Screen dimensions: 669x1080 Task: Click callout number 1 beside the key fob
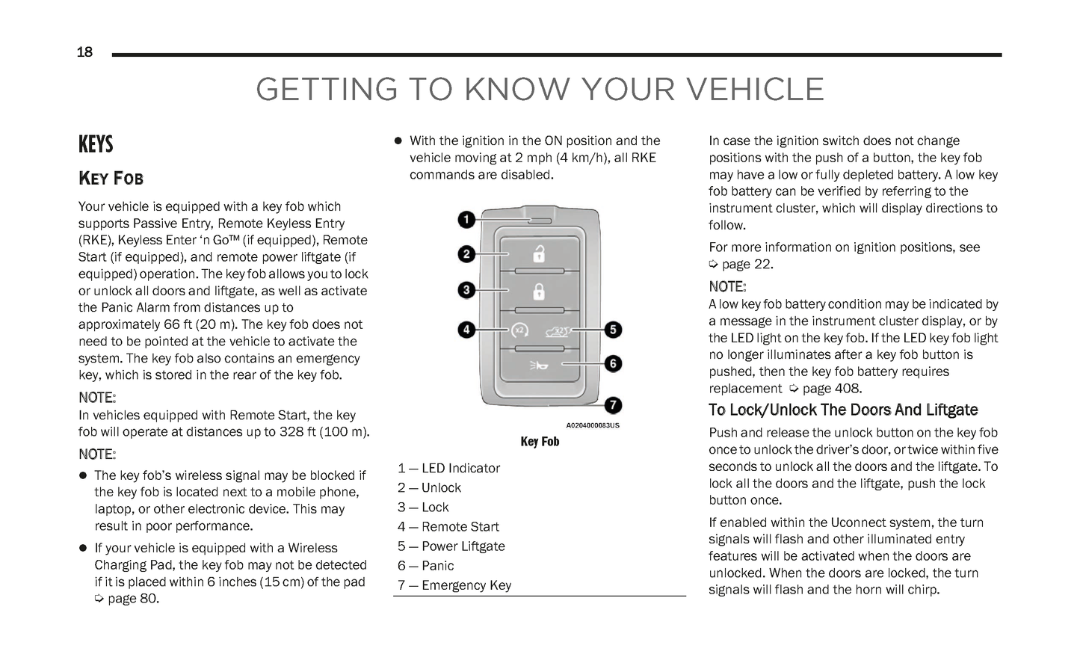point(466,220)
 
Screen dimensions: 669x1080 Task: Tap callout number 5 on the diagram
point(613,330)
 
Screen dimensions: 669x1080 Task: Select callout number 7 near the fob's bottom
point(613,406)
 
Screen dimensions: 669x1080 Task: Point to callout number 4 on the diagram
point(466,330)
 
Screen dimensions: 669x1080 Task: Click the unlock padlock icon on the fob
point(539,254)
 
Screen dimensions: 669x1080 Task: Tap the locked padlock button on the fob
point(539,291)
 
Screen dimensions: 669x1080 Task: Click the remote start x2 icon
point(519,330)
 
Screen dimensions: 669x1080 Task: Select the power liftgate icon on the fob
point(558,331)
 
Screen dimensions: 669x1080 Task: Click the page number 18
point(84,52)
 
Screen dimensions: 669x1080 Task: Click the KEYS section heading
point(96,144)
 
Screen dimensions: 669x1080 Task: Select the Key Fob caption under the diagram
point(540,442)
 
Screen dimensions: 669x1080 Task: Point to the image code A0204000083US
point(592,425)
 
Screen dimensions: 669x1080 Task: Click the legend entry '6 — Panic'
point(425,566)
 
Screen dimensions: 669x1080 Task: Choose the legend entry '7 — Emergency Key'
point(454,585)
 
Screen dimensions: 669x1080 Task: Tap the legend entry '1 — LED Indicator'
point(448,469)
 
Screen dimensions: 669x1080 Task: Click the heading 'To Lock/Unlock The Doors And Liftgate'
point(843,410)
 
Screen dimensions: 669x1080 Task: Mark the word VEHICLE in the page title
point(756,90)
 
